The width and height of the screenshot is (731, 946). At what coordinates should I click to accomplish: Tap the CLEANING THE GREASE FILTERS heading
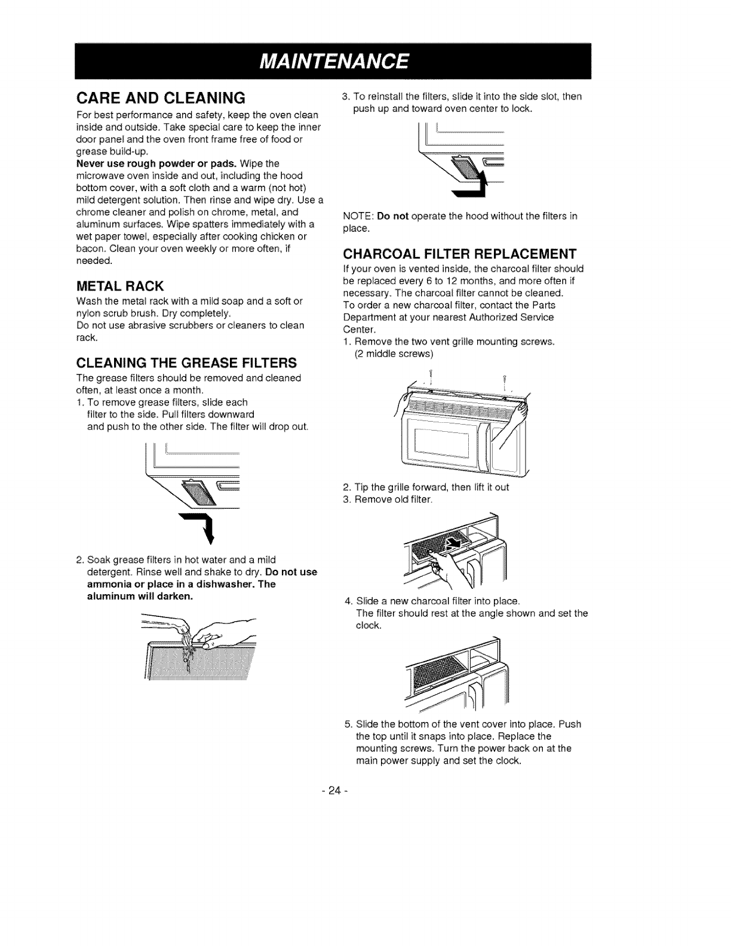pos(187,363)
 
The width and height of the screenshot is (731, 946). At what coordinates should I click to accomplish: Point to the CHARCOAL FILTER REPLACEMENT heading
pos(459,254)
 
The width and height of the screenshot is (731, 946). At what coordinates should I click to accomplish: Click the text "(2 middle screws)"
pos(394,354)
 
